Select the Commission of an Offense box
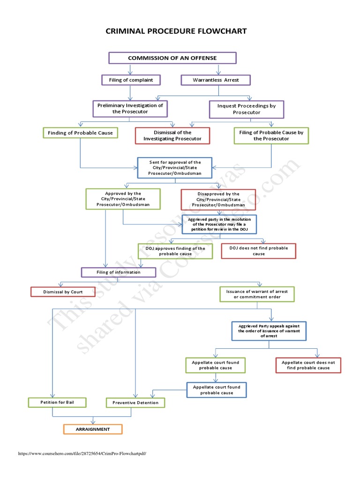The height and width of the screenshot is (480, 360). point(172,58)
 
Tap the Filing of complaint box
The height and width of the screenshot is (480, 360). point(131,80)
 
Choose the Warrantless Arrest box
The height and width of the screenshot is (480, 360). point(216,80)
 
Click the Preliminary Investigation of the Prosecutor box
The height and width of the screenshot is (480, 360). point(130,108)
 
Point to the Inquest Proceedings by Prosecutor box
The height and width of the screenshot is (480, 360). point(247,109)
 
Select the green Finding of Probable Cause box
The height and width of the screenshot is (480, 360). point(80,133)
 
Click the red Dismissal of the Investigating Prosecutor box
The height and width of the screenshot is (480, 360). point(172,135)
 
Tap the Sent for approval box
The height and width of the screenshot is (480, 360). point(175,168)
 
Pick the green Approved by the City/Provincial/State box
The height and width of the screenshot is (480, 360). point(123,199)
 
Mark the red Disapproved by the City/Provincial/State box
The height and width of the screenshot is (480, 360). point(218,199)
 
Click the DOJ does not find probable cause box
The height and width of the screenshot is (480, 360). point(259,251)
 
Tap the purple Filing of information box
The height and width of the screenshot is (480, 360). point(118,272)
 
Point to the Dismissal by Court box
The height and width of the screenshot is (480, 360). point(63,292)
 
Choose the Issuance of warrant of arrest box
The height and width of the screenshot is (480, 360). point(257,294)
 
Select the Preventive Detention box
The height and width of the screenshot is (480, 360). point(135,403)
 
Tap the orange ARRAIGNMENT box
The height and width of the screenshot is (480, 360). point(93,429)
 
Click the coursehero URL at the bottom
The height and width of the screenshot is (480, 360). point(82,453)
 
